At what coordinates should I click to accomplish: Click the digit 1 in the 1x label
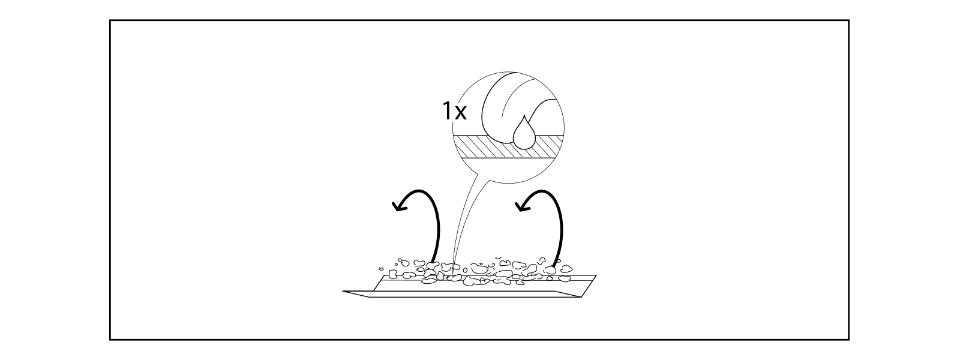click(x=446, y=111)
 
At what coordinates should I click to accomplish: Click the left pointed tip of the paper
click(x=344, y=292)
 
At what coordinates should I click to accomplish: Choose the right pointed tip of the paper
click(x=596, y=276)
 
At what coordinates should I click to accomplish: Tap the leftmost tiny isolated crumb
click(x=380, y=269)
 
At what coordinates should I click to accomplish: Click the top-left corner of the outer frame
click(x=110, y=20)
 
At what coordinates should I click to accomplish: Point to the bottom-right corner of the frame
click(x=848, y=340)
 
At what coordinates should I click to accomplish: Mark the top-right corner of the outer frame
click(x=848, y=20)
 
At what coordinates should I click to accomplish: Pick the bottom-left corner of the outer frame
click(x=110, y=340)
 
